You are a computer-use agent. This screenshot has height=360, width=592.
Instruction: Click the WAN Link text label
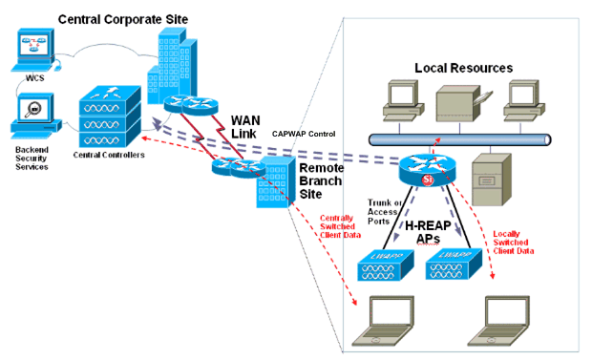(x=253, y=127)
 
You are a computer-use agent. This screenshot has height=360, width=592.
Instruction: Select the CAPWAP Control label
(x=304, y=135)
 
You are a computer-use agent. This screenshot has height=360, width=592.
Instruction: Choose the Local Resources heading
(x=463, y=68)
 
